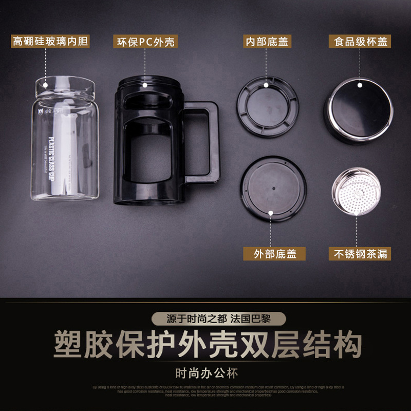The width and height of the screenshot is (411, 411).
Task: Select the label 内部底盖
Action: (268, 41)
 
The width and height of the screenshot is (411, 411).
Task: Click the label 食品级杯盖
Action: (358, 41)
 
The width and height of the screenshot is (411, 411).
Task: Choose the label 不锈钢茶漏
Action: (360, 253)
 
